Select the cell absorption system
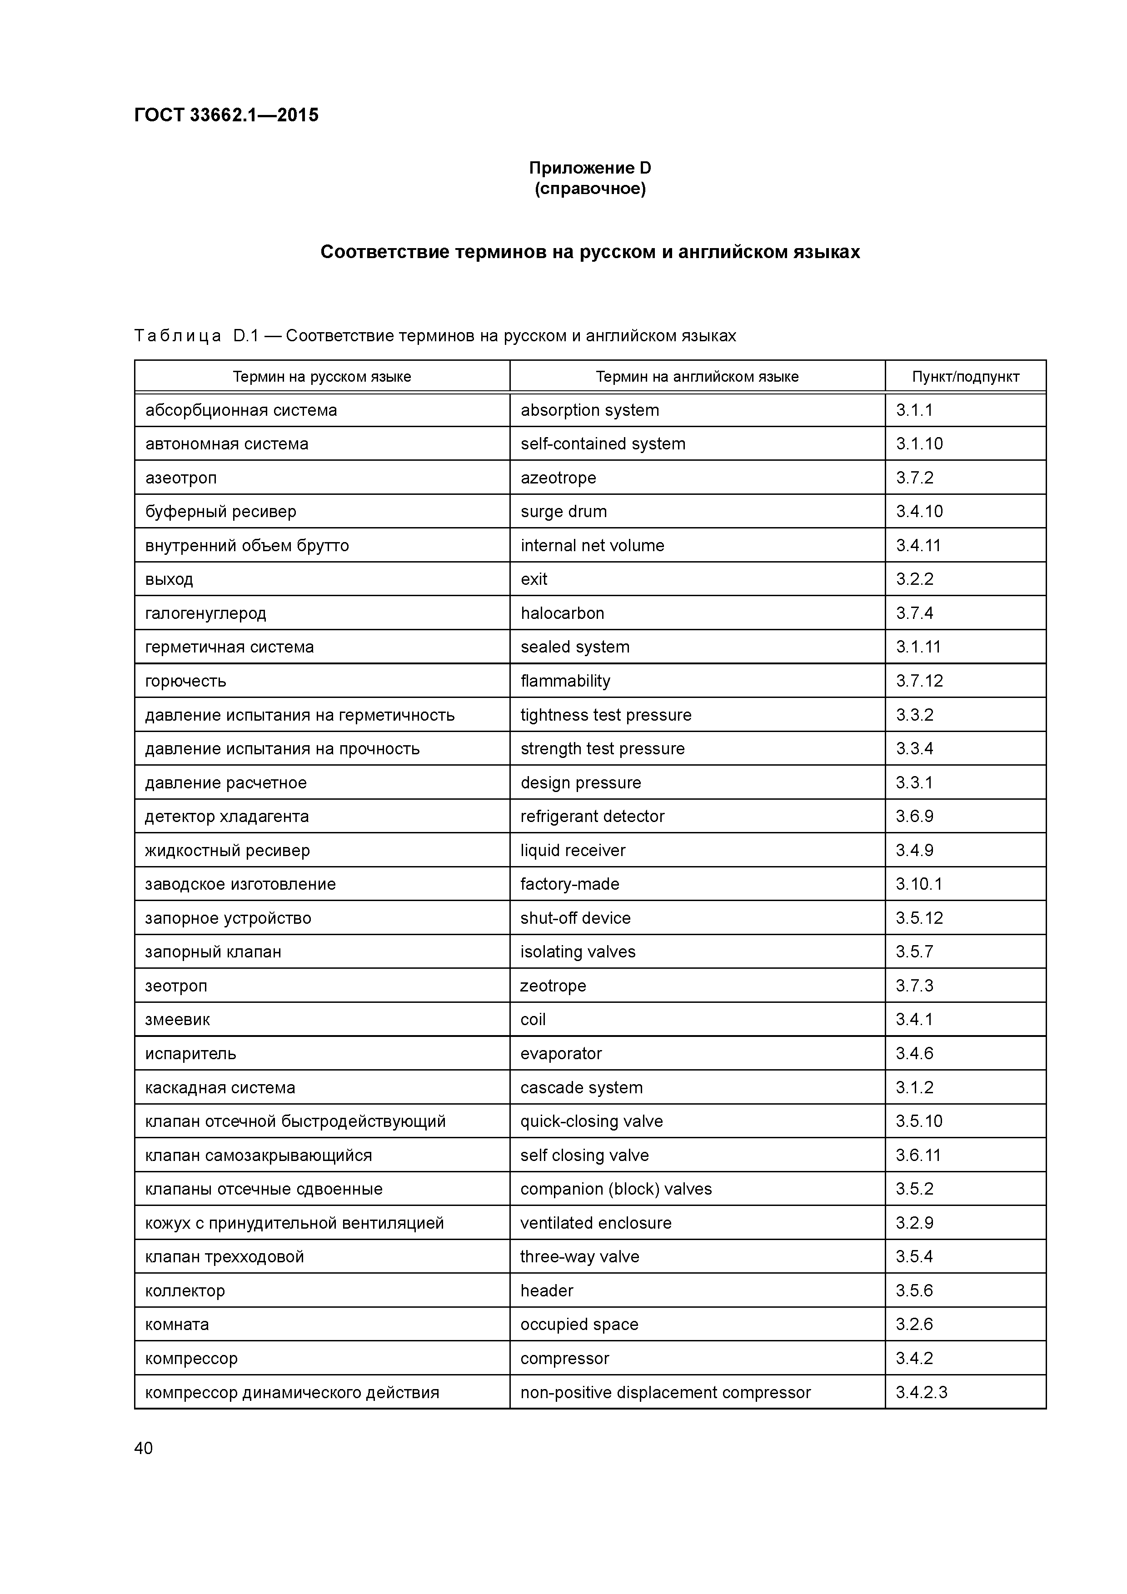point(589,410)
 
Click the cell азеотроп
point(180,478)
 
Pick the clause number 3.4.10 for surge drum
point(919,512)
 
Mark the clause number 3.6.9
point(914,817)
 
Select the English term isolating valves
point(578,952)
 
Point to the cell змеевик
point(177,1019)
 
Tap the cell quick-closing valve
point(592,1121)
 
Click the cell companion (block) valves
point(616,1189)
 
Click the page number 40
point(143,1448)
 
